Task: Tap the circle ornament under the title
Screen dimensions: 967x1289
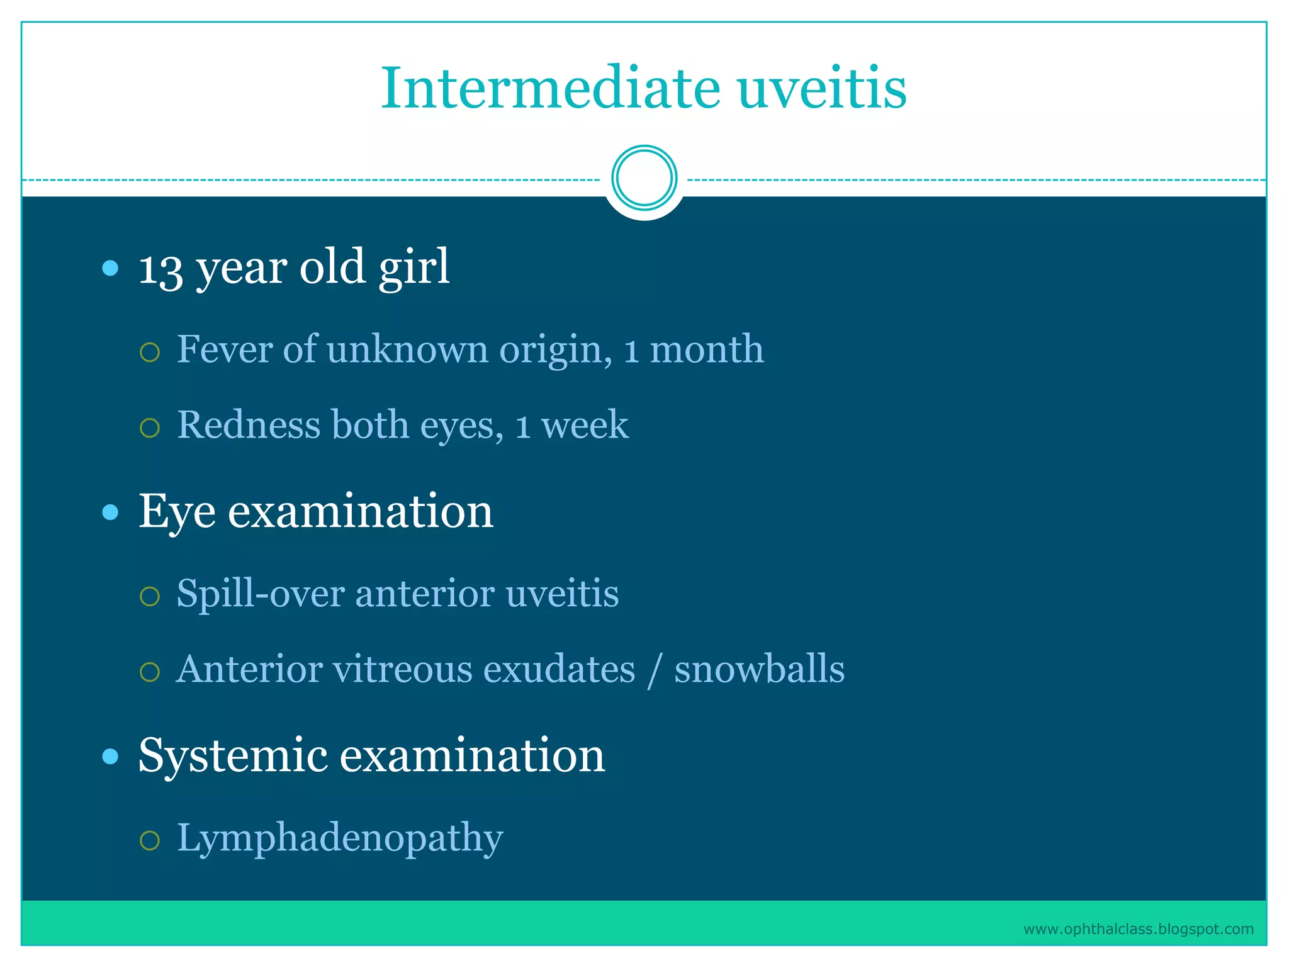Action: (644, 178)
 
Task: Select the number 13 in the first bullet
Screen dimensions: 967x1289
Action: (160, 269)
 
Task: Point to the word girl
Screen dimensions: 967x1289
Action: (414, 268)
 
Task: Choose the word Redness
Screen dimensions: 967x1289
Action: (249, 425)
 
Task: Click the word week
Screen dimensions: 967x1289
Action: (585, 425)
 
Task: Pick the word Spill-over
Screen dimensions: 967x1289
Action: (259, 594)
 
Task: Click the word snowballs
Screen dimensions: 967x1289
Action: (759, 669)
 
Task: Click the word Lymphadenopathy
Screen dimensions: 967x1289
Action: (340, 839)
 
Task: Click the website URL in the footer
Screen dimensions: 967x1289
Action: (1138, 929)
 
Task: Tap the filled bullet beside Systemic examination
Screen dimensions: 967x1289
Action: (110, 756)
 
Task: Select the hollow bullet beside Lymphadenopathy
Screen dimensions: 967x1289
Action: (150, 840)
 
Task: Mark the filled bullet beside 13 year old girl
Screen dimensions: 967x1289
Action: (110, 269)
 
